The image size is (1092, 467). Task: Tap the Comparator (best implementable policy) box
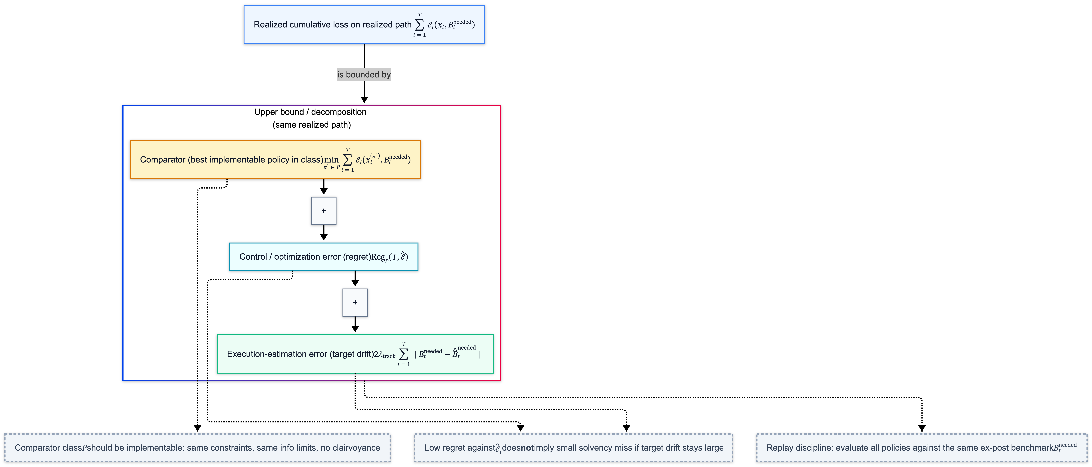(x=275, y=160)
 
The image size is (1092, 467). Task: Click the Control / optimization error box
(x=323, y=257)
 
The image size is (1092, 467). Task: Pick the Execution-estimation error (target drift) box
(x=355, y=354)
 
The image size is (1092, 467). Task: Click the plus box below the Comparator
(x=323, y=211)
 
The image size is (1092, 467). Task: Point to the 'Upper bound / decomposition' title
(x=310, y=112)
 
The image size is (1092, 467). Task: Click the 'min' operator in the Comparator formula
(x=332, y=160)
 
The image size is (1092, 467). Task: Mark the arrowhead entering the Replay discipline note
(x=922, y=428)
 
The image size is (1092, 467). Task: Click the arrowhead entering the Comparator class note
(x=197, y=428)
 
